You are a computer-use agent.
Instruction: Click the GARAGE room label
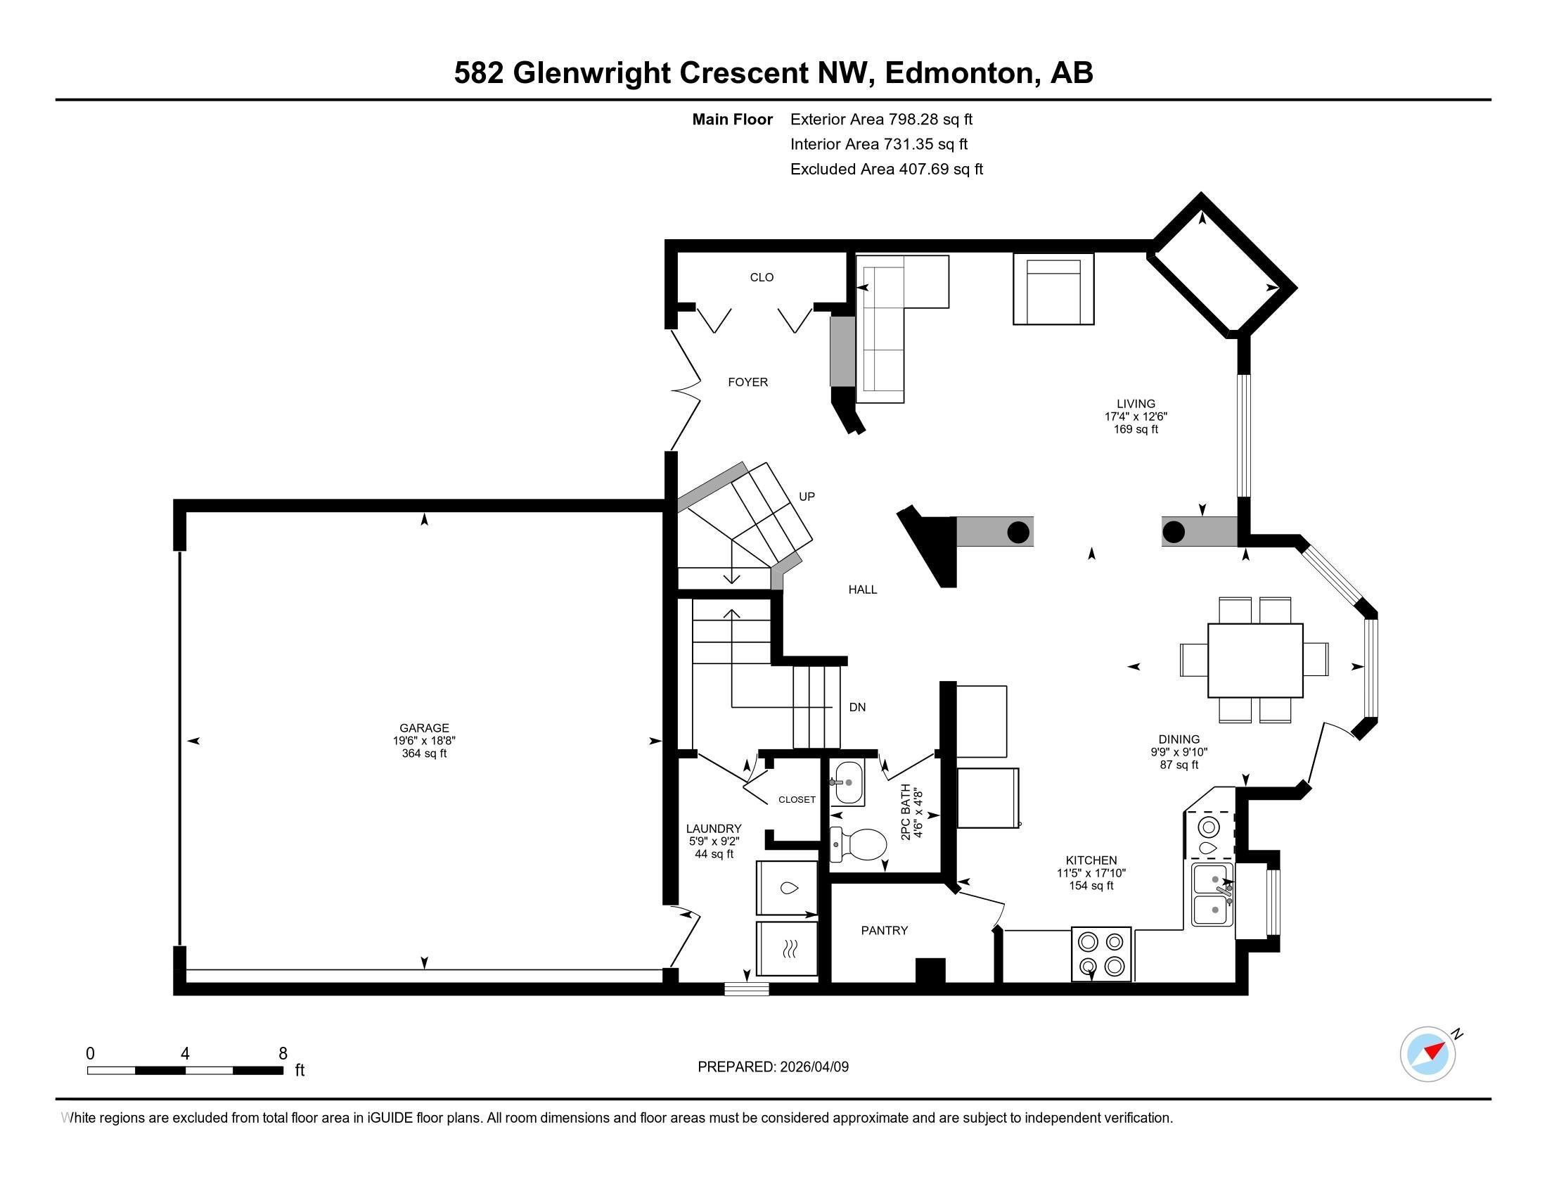click(x=423, y=727)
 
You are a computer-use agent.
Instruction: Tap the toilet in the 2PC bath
click(x=860, y=844)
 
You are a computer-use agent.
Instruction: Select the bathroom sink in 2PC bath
click(x=847, y=783)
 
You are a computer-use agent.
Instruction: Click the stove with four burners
click(x=1100, y=954)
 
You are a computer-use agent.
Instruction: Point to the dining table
click(x=1254, y=661)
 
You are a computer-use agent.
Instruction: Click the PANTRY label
click(x=884, y=930)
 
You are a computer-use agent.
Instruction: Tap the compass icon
click(x=1427, y=1054)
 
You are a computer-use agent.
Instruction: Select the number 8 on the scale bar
click(x=283, y=1053)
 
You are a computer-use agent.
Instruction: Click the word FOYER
click(x=747, y=382)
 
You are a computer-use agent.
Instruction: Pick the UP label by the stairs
click(x=807, y=497)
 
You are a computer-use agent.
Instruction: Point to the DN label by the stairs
click(x=857, y=707)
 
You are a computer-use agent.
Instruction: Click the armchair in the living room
click(x=1053, y=290)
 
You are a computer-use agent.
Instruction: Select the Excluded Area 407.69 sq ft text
click(x=886, y=170)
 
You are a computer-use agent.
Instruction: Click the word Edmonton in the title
click(x=962, y=72)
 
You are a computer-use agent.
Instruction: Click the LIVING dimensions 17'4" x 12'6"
click(x=1136, y=416)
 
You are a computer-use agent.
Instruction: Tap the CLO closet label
click(x=762, y=277)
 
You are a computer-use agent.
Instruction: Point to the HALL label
click(x=862, y=590)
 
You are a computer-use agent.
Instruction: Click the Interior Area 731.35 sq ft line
click(x=878, y=144)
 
